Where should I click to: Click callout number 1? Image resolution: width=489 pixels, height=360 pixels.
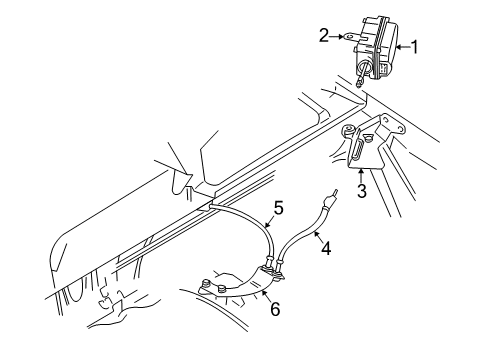(414, 47)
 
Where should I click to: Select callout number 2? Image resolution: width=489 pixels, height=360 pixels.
(324, 36)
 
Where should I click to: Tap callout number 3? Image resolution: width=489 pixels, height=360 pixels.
(362, 191)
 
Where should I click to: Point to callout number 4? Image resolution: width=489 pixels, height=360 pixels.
(326, 248)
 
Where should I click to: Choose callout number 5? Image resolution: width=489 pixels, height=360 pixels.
(278, 208)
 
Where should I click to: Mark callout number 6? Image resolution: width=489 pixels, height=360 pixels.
(275, 309)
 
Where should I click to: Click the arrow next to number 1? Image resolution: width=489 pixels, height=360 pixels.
(402, 47)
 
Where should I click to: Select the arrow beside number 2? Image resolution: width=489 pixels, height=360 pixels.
(335, 36)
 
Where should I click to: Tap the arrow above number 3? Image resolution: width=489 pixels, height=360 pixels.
(361, 176)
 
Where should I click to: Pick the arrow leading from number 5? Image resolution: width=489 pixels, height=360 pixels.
(269, 221)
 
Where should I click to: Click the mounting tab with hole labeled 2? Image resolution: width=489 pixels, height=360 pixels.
(350, 37)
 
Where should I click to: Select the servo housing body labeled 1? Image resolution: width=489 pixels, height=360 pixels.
(376, 47)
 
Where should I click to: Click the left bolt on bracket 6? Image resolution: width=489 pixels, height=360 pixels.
(205, 284)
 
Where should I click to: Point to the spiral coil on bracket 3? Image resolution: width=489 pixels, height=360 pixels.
(348, 130)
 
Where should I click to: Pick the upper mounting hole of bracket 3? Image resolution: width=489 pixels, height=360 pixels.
(400, 127)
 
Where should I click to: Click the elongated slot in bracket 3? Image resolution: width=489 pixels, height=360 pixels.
(358, 148)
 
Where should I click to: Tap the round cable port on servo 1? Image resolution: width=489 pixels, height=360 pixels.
(364, 69)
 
